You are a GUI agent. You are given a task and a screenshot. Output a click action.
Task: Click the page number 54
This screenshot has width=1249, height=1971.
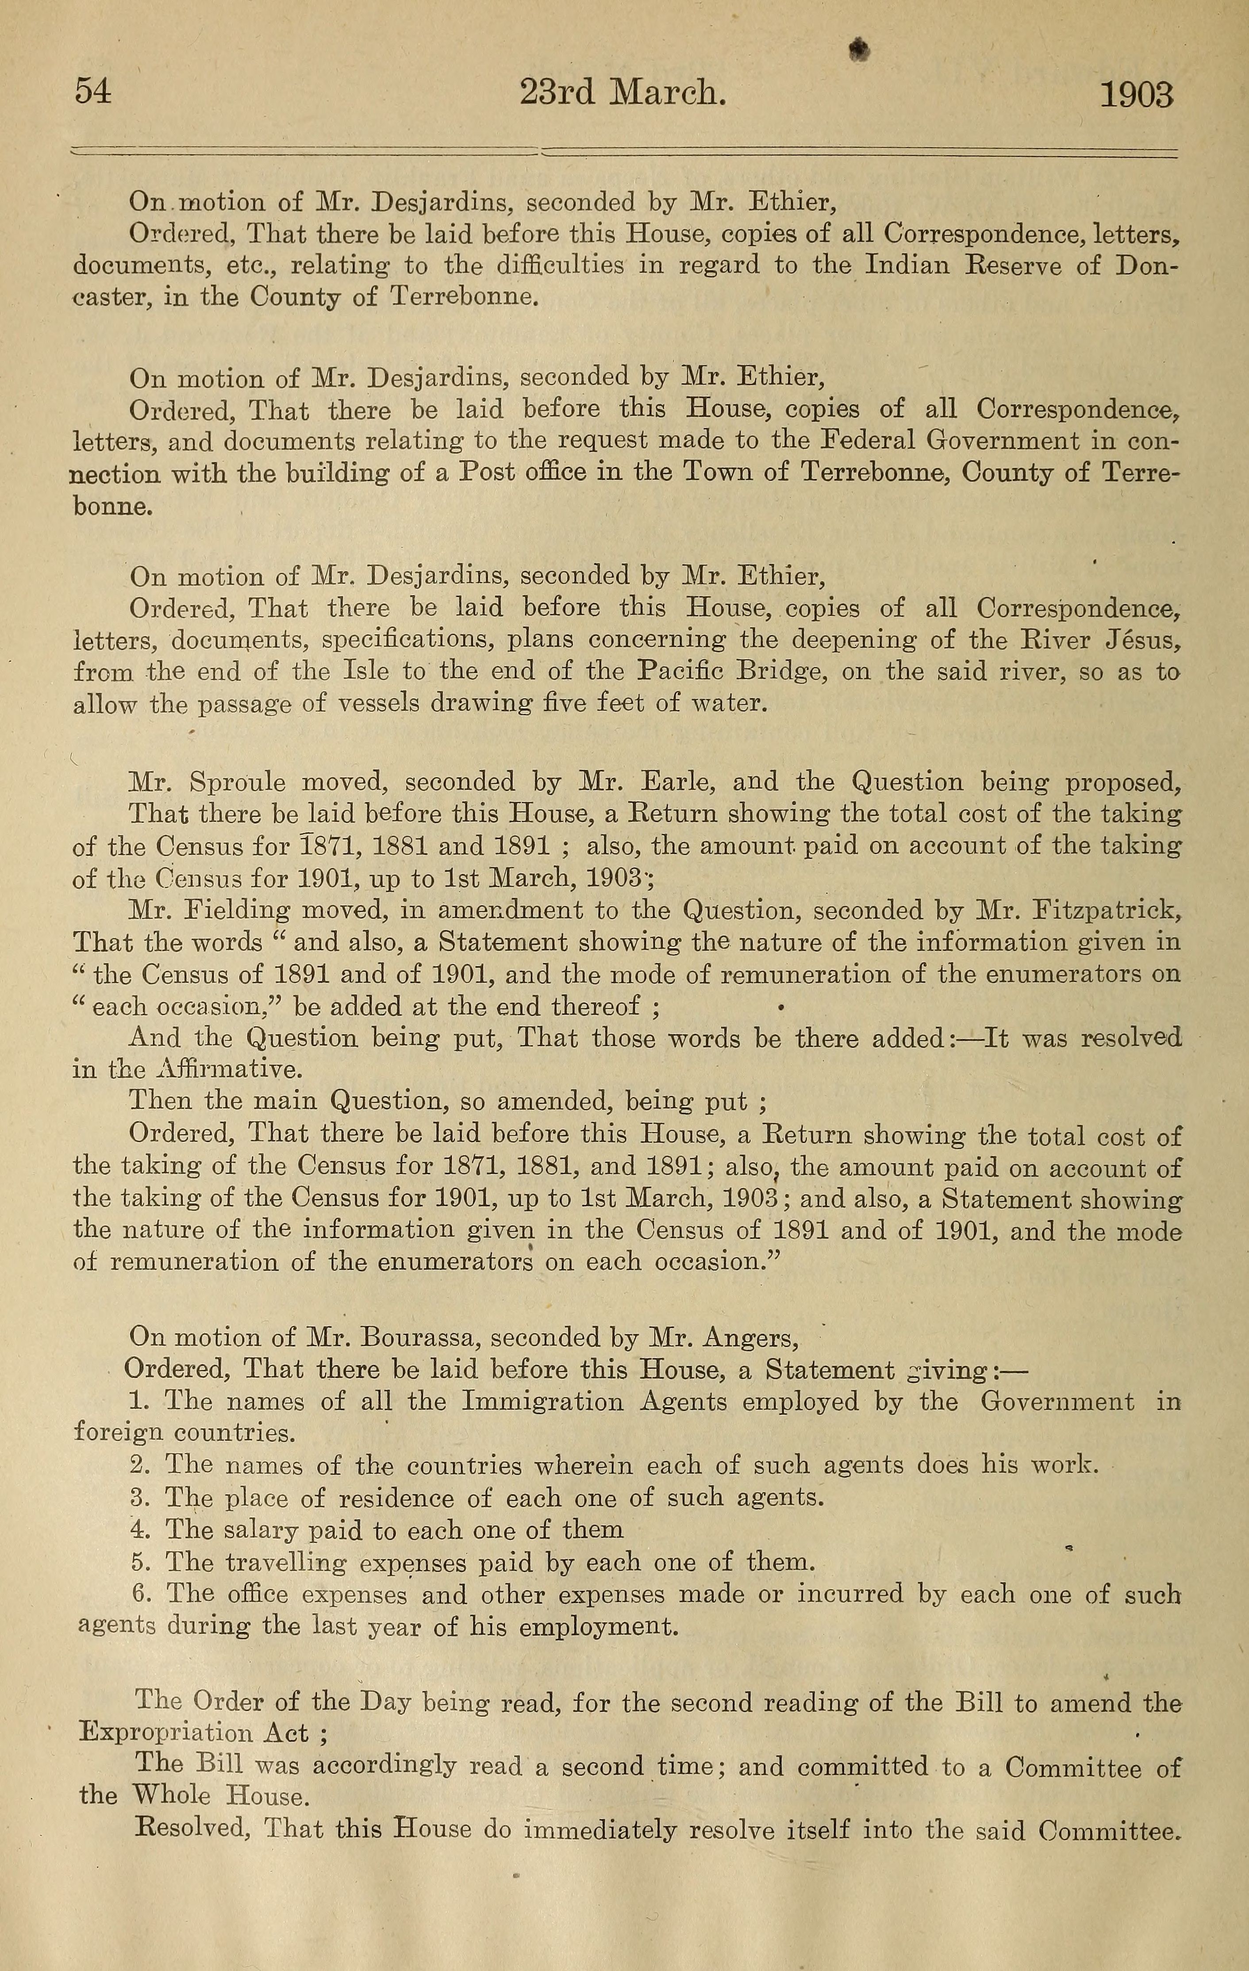coord(92,92)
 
